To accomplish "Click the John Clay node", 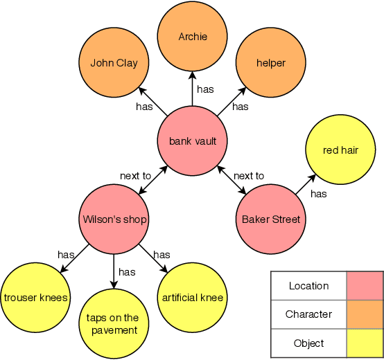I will click(114, 63).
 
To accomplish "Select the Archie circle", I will click(193, 36).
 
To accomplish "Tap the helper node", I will click(271, 63).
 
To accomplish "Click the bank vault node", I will click(193, 141).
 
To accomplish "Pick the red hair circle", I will click(340, 150).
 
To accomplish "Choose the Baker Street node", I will click(271, 219).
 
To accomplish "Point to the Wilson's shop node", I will click(114, 219).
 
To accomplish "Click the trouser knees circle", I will click(35, 298).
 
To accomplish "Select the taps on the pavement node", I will click(113, 324).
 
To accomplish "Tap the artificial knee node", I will click(193, 298).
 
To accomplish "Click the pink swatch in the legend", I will click(365, 285).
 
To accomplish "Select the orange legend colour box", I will click(365, 314).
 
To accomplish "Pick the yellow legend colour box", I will click(365, 343).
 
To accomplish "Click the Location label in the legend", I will click(308, 285).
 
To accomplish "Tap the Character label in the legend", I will click(308, 314).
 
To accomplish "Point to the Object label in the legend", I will click(308, 343).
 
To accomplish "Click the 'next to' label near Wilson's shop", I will click(135, 176).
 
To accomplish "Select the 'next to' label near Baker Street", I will click(249, 176).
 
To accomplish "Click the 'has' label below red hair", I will click(318, 194).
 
